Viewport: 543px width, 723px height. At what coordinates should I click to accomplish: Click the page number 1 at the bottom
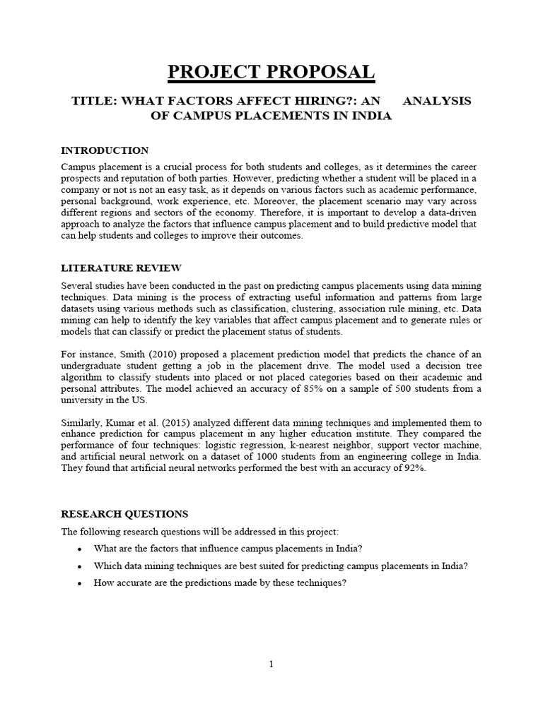click(x=271, y=664)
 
